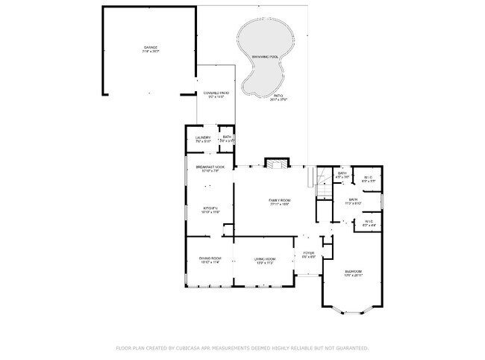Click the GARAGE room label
(151, 47)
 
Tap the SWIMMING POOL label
(265, 57)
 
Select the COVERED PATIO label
(216, 93)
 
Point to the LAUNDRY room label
(203, 137)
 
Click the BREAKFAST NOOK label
(210, 167)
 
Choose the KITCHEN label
(210, 208)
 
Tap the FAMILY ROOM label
(280, 200)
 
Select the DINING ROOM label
(210, 258)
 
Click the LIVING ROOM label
(266, 258)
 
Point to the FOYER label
(309, 253)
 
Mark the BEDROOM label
(353, 270)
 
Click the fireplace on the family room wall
(275, 164)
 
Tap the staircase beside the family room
(322, 183)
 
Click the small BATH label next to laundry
(227, 137)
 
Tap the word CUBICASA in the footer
(194, 348)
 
